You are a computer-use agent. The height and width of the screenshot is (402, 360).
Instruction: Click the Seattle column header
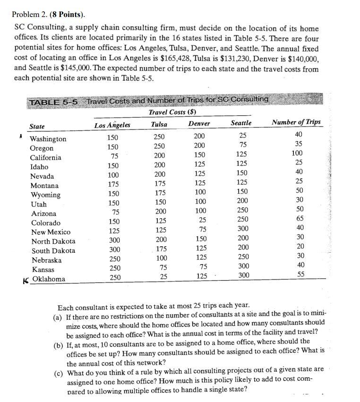point(241,123)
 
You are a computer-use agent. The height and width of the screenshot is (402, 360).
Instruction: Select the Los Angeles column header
point(112,125)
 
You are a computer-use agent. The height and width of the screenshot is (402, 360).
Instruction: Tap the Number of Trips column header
point(296,122)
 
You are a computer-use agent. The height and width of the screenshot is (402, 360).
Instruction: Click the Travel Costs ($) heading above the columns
point(172,112)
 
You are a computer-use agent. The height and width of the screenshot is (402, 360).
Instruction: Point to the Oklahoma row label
point(49,279)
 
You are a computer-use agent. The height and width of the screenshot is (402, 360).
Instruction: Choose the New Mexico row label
point(51,232)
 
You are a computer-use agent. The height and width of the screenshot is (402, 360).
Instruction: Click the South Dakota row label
point(53,250)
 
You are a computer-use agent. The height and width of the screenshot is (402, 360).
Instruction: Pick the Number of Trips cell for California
point(297,154)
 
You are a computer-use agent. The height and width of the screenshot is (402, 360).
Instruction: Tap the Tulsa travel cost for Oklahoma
point(163,277)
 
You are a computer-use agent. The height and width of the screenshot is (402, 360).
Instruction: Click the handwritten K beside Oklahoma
point(26,280)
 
